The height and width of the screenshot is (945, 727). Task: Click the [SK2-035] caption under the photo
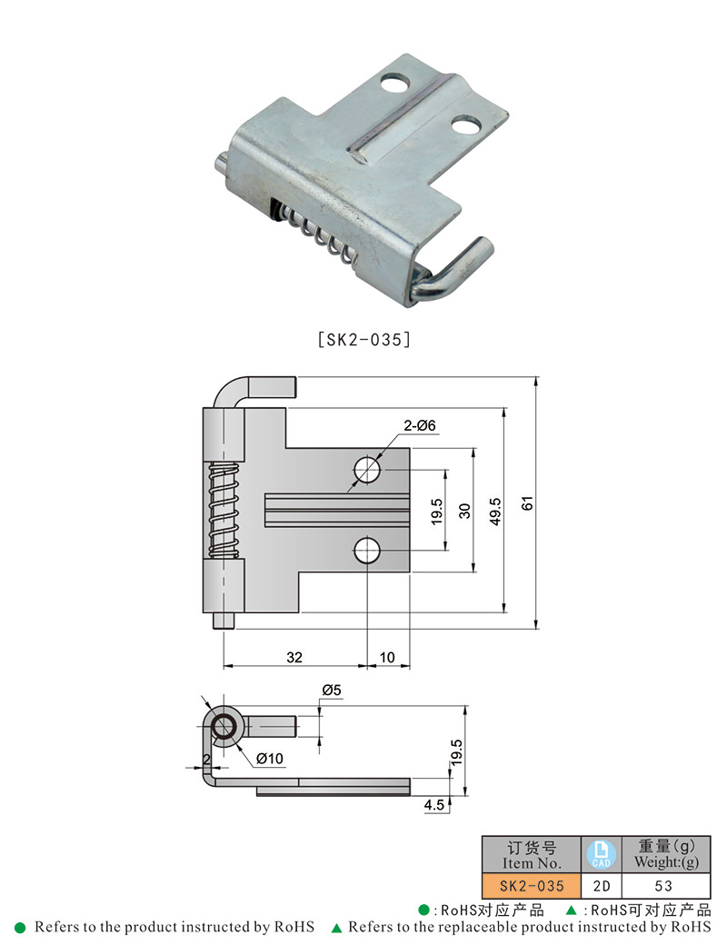pos(363,340)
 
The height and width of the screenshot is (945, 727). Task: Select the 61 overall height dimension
pos(527,502)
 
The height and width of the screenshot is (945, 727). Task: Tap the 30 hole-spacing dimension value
pos(464,511)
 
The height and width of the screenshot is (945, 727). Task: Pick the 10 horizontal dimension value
pos(388,657)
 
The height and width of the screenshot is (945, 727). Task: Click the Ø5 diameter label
pos(331,691)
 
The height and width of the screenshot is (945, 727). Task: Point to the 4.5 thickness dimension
pos(433,804)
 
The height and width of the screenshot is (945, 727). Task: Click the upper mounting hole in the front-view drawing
pos(368,469)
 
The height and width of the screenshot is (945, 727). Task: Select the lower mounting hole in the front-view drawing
pos(368,550)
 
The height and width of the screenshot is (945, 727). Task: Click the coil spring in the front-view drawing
pos(224,509)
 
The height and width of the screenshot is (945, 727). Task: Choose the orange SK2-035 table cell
pos(531,885)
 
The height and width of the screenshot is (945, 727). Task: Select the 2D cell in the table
pos(601,885)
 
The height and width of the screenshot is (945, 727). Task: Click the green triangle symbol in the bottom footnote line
pos(336,928)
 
